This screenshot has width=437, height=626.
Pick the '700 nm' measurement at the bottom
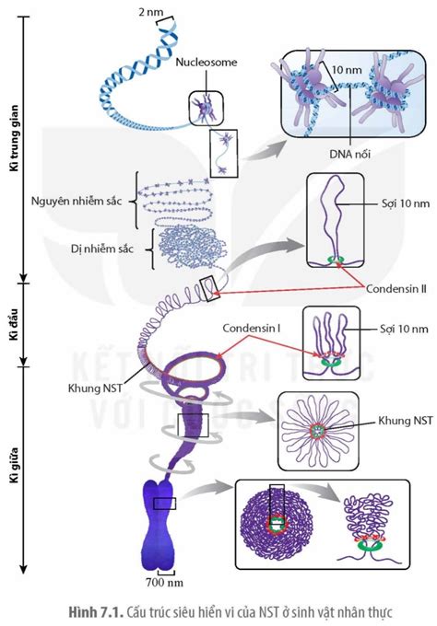(164, 582)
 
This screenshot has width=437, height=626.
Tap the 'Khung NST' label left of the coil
(94, 388)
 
